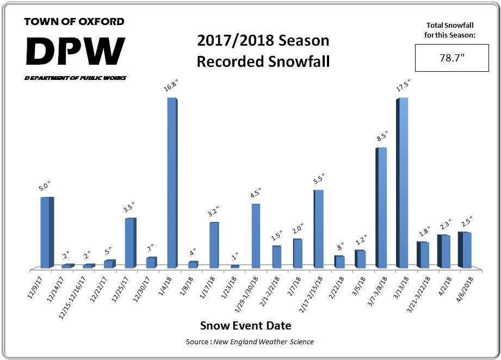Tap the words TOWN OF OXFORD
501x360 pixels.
click(x=75, y=22)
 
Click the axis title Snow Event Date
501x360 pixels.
click(x=245, y=326)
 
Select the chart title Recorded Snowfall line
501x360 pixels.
click(x=263, y=61)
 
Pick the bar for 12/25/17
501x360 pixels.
click(x=130, y=243)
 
